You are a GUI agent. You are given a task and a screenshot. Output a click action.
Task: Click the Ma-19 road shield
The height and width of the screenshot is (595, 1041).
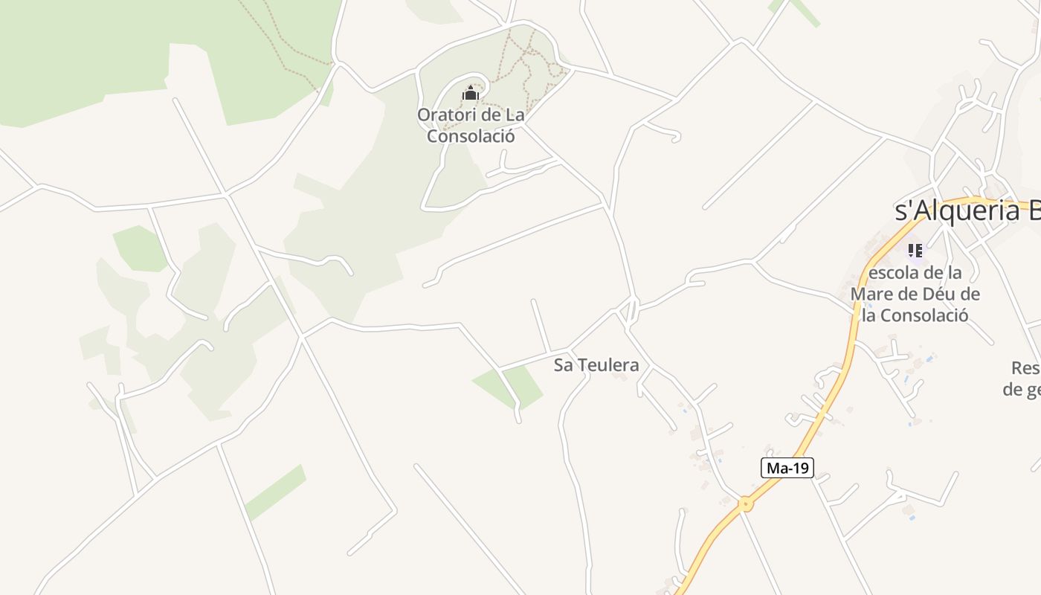[787, 468]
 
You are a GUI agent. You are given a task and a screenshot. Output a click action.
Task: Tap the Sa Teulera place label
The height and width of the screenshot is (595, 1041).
[596, 365]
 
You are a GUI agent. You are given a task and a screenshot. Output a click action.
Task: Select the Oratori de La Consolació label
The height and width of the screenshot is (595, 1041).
[471, 126]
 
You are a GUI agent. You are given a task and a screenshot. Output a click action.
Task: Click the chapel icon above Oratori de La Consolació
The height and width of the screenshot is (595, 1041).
[470, 94]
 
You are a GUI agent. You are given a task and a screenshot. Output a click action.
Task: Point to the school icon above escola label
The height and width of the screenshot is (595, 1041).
[915, 250]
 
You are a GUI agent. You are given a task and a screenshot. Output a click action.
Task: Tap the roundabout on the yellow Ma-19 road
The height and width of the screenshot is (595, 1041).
[745, 504]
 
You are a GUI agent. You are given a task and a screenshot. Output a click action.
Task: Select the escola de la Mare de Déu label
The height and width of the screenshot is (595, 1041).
[915, 294]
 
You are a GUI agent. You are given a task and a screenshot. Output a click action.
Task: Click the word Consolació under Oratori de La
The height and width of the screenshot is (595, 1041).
[471, 137]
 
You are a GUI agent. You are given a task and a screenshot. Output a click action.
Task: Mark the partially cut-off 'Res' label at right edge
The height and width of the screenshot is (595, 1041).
[1025, 368]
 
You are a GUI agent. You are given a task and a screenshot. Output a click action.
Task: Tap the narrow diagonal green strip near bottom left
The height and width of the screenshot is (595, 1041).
[276, 492]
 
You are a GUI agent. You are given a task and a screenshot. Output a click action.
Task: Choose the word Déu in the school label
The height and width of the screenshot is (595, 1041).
[940, 294]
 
